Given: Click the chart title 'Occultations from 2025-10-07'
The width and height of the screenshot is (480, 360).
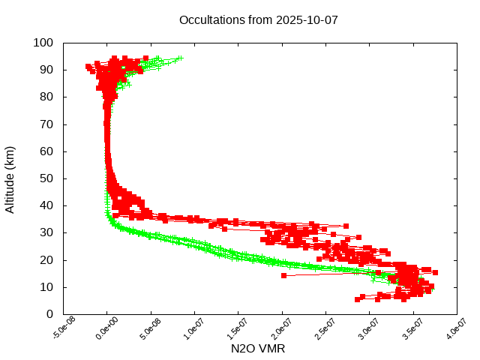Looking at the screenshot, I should tap(259, 19).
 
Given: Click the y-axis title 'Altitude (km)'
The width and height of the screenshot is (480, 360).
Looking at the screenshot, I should tap(10, 178).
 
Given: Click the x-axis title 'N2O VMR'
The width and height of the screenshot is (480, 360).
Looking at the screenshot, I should tap(258, 349).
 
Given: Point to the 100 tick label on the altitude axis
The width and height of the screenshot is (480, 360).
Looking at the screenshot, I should tap(43, 43).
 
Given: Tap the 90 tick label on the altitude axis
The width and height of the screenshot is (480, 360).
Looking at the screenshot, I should tap(46, 70).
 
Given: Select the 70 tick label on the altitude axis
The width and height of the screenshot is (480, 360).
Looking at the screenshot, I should tap(46, 124).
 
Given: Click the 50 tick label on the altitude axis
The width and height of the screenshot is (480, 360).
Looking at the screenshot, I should tap(46, 178).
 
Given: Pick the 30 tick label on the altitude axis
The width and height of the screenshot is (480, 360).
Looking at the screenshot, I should tap(46, 232).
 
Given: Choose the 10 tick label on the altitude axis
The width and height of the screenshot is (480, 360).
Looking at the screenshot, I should tap(46, 287).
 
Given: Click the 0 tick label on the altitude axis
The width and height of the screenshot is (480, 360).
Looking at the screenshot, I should tap(49, 314).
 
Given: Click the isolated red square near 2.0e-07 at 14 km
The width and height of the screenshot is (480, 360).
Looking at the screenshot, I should tap(283, 275).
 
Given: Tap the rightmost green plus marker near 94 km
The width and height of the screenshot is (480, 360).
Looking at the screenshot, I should tap(180, 58).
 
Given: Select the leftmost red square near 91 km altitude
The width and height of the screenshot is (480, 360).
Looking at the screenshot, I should tap(88, 67).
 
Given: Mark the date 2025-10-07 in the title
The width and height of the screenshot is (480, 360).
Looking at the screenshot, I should tap(307, 19).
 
